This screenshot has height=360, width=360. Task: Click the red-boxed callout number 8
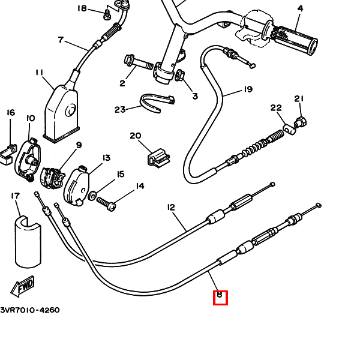(x=220, y=296)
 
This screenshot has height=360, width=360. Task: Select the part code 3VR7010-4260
(x=30, y=310)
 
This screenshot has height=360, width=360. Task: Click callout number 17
(x=16, y=196)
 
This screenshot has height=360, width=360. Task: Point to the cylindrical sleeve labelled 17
(x=28, y=240)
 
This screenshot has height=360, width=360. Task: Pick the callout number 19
(x=248, y=90)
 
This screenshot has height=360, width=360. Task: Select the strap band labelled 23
(x=154, y=103)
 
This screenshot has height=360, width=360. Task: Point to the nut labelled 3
(x=180, y=76)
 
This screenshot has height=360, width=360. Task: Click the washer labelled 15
(x=92, y=196)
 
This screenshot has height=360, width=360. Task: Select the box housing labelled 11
(x=62, y=111)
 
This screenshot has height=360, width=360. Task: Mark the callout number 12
(x=171, y=208)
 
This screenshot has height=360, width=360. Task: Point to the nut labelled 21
(x=302, y=122)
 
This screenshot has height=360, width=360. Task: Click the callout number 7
(x=61, y=41)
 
